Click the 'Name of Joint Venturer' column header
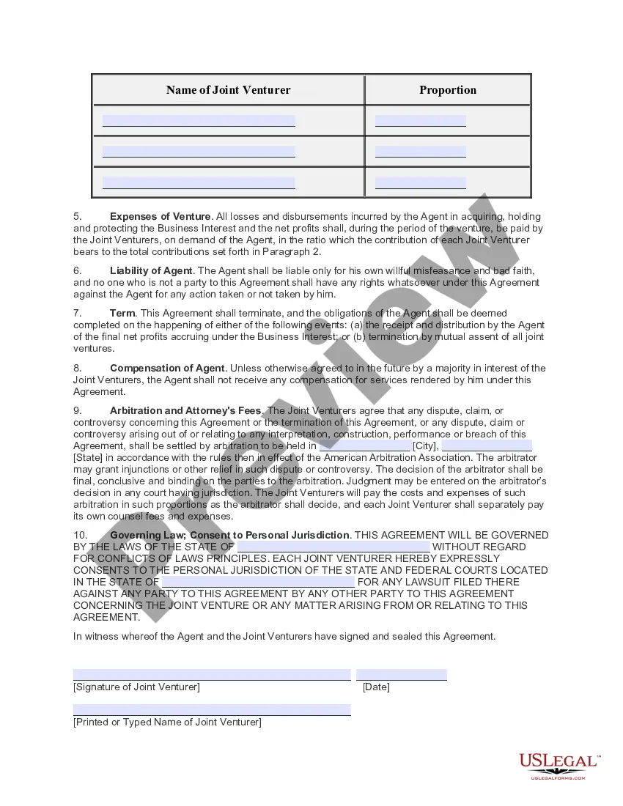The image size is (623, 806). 228,90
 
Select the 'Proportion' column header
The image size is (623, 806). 447,90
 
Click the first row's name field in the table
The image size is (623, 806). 199,121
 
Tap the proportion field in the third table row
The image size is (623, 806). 420,182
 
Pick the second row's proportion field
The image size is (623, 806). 420,152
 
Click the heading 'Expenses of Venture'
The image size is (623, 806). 161,217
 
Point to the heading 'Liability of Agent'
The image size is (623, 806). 151,271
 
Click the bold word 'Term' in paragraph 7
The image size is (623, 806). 122,314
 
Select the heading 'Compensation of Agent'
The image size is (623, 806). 168,368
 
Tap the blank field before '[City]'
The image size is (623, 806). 364,445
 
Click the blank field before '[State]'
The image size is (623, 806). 487,445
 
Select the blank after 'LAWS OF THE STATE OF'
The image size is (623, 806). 333,547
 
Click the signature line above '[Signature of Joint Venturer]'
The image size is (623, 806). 212,675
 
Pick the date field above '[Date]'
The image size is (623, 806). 402,675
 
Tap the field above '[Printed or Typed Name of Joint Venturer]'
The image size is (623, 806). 212,710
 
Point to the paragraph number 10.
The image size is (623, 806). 80,535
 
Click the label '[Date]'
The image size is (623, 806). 376,687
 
